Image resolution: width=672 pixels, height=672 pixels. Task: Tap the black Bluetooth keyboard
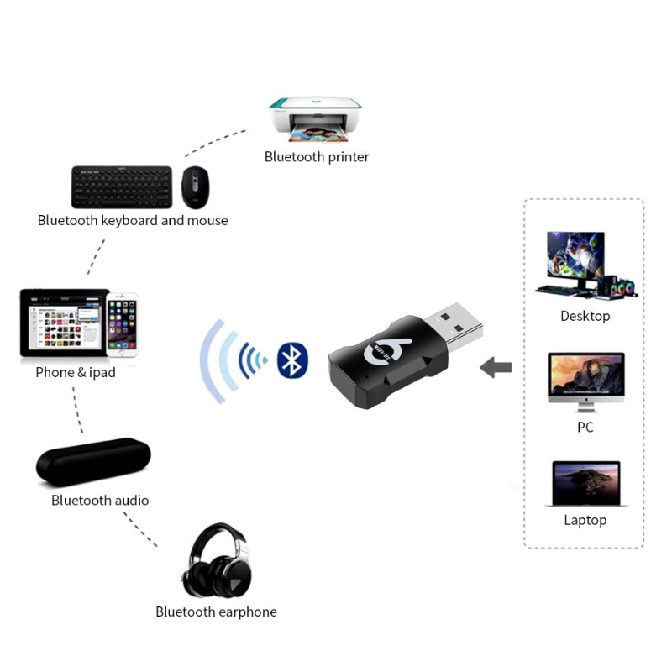122,187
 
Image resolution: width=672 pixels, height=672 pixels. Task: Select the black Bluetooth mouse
195,187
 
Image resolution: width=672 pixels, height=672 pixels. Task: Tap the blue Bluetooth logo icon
292,360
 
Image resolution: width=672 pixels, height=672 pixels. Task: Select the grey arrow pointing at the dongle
496,367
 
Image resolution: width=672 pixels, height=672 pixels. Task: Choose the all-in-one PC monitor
585,380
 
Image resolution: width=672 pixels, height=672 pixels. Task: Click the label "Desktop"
585,316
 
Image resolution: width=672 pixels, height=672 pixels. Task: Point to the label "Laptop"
585,520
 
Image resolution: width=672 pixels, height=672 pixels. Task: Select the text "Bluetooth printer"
317,157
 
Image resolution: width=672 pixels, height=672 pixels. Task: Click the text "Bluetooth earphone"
216,612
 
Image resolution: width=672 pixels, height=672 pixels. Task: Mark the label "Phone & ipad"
76,372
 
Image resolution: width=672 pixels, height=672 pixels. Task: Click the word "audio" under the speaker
130,500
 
